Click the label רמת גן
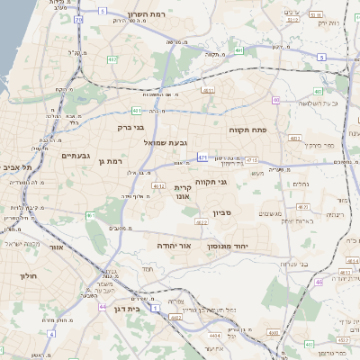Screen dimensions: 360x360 [109, 160]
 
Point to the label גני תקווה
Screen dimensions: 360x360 [211, 182]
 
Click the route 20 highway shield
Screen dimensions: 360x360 [78, 18]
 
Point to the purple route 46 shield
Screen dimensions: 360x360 [319, 282]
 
